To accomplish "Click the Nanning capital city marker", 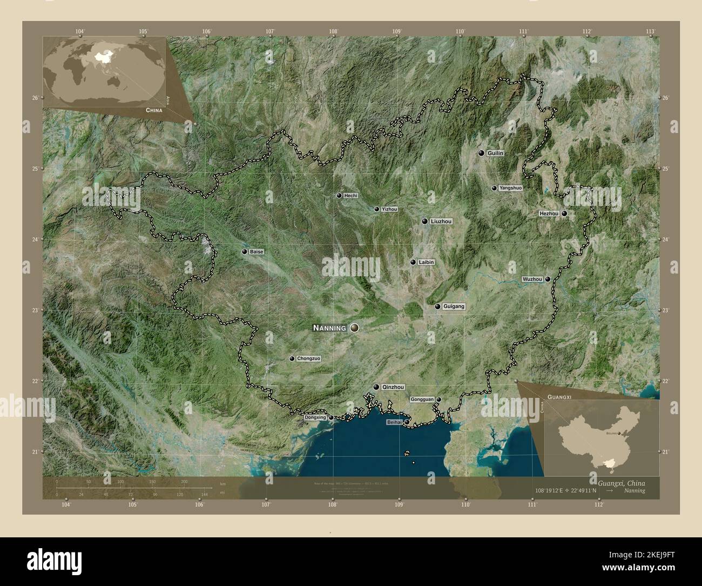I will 354,328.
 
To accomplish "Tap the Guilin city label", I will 495,153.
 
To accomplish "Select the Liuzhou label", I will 442,221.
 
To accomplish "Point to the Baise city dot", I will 245,252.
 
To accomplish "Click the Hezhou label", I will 549,214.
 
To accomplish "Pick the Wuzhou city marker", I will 548,279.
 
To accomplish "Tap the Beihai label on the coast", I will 394,422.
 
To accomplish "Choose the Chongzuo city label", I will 309,358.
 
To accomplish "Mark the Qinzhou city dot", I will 376,387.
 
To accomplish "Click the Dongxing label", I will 315,418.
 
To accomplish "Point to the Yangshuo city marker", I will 494,188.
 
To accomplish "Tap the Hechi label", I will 350,196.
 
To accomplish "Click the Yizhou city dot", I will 377,209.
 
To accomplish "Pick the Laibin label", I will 426,262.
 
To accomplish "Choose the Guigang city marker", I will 437,307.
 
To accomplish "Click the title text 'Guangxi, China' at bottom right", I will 621,483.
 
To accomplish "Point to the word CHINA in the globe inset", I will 153,110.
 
